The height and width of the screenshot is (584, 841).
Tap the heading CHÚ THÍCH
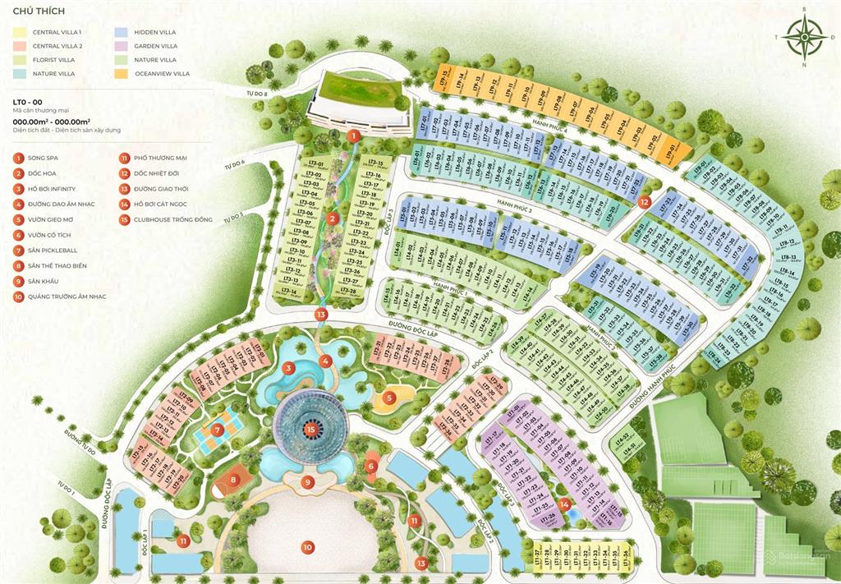click(x=34, y=12)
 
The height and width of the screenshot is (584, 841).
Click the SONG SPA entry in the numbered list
click(x=43, y=157)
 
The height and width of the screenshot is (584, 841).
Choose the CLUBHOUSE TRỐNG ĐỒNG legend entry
click(x=165, y=219)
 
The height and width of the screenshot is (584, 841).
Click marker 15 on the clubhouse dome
click(x=310, y=428)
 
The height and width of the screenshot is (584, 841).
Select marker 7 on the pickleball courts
click(x=217, y=429)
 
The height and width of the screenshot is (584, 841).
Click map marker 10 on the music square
click(x=307, y=546)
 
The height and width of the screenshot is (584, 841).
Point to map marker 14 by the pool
click(x=564, y=504)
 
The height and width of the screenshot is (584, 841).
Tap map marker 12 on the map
click(x=644, y=201)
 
